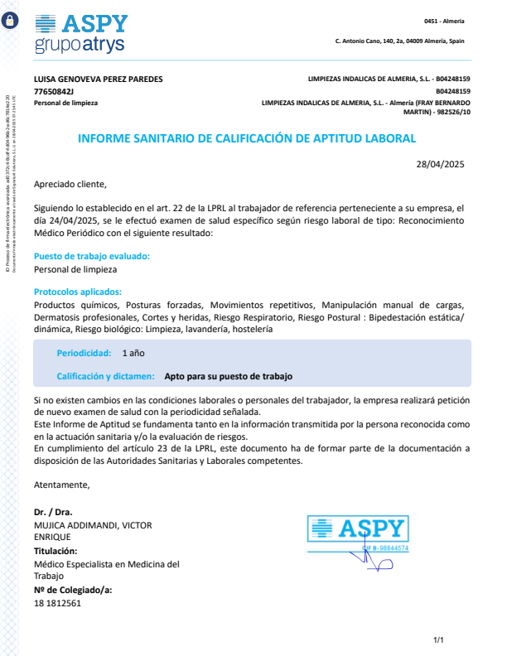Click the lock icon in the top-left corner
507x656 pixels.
[x=10, y=22]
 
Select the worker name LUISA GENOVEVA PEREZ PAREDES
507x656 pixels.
[x=98, y=79]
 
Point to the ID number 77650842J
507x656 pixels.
[x=54, y=91]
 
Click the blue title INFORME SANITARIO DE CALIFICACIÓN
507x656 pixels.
[x=246, y=138]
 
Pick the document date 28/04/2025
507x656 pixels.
[x=440, y=164]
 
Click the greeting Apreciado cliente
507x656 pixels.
[x=70, y=184]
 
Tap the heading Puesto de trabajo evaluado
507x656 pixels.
[x=92, y=257]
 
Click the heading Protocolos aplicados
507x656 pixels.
[x=78, y=292]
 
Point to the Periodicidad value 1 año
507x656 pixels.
[x=134, y=353]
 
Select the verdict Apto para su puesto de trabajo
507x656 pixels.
[x=229, y=376]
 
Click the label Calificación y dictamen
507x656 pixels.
[x=105, y=376]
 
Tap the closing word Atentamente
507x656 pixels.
[x=62, y=484]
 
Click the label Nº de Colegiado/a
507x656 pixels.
[x=73, y=590]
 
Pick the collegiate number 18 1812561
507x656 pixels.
[x=58, y=603]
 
